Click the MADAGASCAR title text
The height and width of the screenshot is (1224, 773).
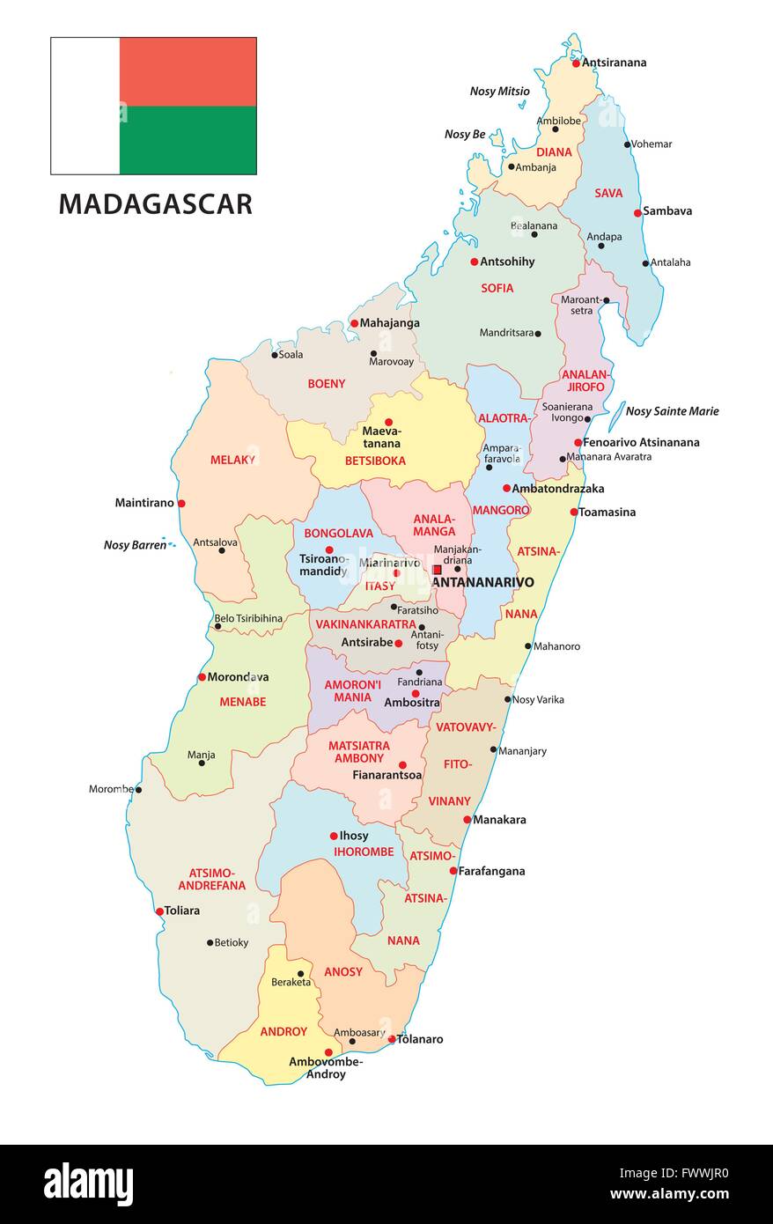click(x=155, y=203)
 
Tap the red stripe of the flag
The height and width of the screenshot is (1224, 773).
click(x=188, y=71)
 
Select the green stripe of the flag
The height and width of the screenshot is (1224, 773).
click(x=188, y=140)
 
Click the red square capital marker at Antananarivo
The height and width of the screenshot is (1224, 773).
click(x=438, y=570)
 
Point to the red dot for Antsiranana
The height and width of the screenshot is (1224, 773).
click(x=576, y=63)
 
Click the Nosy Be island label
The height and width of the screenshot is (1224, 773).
click(x=465, y=135)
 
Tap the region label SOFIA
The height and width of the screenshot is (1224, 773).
click(x=497, y=288)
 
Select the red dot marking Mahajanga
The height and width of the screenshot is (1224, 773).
click(x=354, y=323)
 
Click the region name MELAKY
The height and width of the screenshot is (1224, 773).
click(x=232, y=460)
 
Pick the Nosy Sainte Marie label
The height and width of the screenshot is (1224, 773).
click(x=672, y=411)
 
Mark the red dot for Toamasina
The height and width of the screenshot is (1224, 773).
click(x=574, y=512)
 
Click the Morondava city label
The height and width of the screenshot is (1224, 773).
click(x=238, y=677)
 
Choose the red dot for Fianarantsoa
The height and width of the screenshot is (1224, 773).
click(x=402, y=765)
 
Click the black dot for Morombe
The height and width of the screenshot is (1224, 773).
click(x=138, y=789)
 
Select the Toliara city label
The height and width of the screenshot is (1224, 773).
click(x=182, y=911)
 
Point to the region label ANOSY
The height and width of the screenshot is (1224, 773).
click(x=342, y=972)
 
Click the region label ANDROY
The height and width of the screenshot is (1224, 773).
click(x=283, y=1031)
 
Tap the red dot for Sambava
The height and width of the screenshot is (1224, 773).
click(x=637, y=212)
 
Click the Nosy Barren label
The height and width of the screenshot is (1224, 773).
click(x=135, y=545)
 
